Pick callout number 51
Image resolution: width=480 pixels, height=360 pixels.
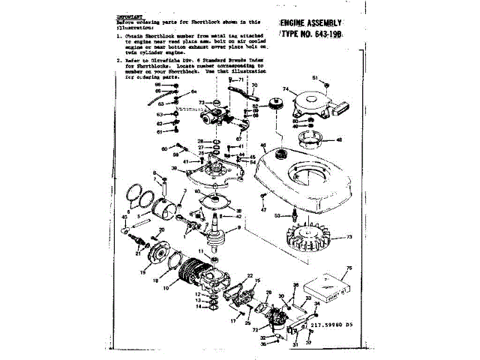[316, 78]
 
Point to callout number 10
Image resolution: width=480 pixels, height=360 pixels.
[187, 285]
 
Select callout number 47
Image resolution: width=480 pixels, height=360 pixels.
[263, 210]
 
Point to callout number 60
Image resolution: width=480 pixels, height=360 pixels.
[165, 149]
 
